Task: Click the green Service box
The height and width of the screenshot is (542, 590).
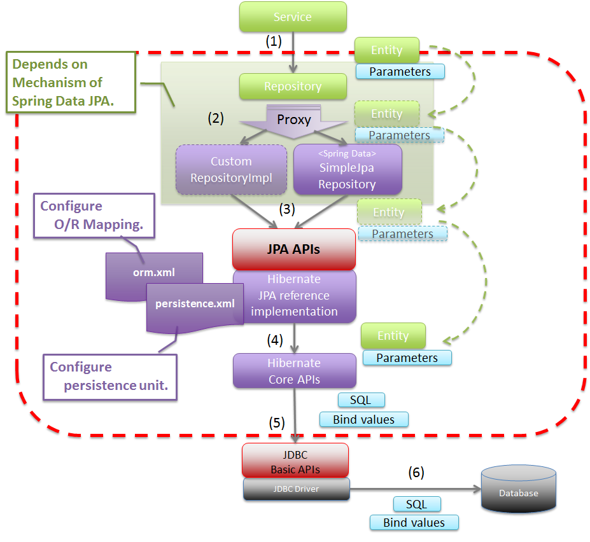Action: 293,17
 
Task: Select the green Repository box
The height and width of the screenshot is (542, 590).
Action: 293,87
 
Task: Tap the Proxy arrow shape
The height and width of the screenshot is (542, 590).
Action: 293,121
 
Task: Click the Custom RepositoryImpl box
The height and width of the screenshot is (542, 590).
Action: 231,170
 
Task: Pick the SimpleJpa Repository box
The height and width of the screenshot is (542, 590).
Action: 347,169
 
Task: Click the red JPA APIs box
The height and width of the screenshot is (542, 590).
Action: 293,249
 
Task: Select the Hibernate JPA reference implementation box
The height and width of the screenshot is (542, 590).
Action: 293,296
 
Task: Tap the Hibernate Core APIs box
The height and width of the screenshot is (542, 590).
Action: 294,371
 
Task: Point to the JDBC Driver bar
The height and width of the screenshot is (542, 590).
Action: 297,489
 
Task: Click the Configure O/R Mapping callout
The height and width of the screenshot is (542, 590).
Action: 95,216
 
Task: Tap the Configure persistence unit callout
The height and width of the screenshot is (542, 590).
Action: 110,376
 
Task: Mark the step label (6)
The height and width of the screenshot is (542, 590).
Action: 416,472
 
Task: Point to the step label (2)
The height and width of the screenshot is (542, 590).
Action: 216,117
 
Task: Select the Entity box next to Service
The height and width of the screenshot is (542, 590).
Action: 387,50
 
